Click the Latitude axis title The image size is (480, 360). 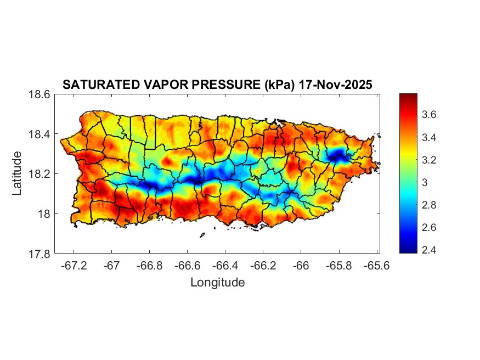pyautogui.click(x=17, y=173)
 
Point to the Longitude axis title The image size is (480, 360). pyautogui.click(x=217, y=283)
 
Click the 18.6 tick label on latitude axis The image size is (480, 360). pyautogui.click(x=40, y=94)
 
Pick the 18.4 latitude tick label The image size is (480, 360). pyautogui.click(x=40, y=134)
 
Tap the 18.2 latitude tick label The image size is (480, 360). pyautogui.click(x=40, y=174)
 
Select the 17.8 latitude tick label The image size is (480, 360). pyautogui.click(x=40, y=254)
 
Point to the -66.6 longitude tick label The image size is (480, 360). pyautogui.click(x=187, y=265)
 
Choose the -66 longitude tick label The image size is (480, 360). pyautogui.click(x=301, y=265)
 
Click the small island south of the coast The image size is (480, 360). pyautogui.click(x=202, y=235)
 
